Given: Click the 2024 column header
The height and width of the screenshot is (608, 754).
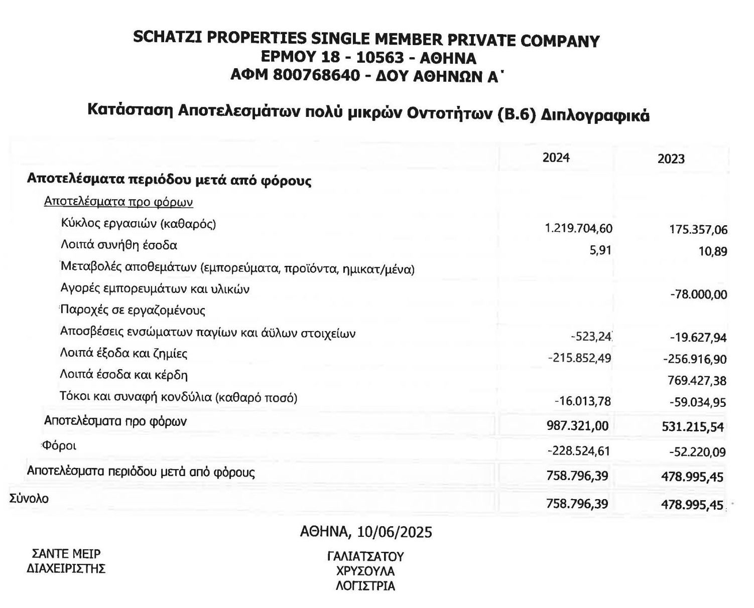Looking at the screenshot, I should [x=556, y=158].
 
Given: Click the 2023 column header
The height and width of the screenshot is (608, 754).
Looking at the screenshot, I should [x=671, y=159].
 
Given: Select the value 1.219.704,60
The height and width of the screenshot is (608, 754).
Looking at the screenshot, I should [x=578, y=229].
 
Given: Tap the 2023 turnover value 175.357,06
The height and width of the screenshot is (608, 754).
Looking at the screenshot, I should [x=698, y=230].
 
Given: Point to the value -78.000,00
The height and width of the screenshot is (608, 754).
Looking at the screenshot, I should [x=698, y=295].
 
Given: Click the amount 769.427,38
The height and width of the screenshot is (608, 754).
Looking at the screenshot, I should [x=697, y=381].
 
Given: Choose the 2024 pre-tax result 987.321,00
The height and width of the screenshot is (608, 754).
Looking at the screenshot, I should [x=577, y=426].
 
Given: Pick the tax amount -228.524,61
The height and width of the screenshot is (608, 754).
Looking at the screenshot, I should [x=578, y=451].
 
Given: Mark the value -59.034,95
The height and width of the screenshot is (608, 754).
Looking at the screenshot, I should [x=698, y=402].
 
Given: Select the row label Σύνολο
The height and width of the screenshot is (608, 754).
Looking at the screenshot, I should [x=29, y=499].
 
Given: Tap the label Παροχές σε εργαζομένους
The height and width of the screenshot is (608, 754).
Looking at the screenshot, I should [x=133, y=310].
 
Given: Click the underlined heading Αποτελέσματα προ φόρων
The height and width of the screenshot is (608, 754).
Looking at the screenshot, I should [x=118, y=202].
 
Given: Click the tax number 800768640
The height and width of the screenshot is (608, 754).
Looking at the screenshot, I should [x=317, y=75].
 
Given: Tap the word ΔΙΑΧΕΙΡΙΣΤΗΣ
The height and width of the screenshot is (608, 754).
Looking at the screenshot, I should [x=66, y=568].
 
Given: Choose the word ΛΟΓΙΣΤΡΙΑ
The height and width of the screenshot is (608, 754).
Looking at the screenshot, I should [x=365, y=585].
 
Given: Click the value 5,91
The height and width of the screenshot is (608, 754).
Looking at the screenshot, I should [x=600, y=250].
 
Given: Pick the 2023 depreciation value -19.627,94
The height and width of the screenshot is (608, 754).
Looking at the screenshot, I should [x=698, y=338].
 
